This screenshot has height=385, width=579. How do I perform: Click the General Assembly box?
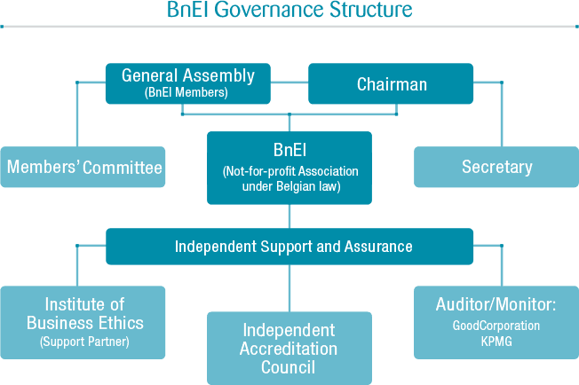click(x=188, y=83)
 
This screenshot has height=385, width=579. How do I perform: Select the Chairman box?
click(x=391, y=83)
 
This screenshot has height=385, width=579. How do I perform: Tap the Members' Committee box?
click(x=83, y=167)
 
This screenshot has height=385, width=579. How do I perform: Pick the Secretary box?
click(x=496, y=167)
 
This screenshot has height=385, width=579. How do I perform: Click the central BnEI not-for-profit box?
click(x=289, y=168)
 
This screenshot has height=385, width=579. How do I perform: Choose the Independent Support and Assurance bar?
click(x=289, y=247)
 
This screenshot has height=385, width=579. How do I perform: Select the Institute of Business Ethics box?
click(x=83, y=322)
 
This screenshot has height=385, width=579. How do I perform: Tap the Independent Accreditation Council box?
click(x=289, y=348)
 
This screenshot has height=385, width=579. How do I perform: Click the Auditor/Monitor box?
click(x=496, y=322)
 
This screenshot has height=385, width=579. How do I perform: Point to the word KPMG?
click(x=496, y=342)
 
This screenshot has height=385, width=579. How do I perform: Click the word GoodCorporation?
click(x=496, y=326)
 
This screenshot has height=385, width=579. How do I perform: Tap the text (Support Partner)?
click(x=84, y=342)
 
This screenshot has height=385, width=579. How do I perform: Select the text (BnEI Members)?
click(x=186, y=92)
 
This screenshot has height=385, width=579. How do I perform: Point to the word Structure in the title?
click(x=370, y=9)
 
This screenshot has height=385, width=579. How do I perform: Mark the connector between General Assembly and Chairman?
click(x=289, y=82)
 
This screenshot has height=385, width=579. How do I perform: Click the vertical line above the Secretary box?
click(x=502, y=114)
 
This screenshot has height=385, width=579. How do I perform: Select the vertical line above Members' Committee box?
click(x=77, y=114)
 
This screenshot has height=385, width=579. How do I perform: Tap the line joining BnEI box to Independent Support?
click(x=289, y=216)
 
